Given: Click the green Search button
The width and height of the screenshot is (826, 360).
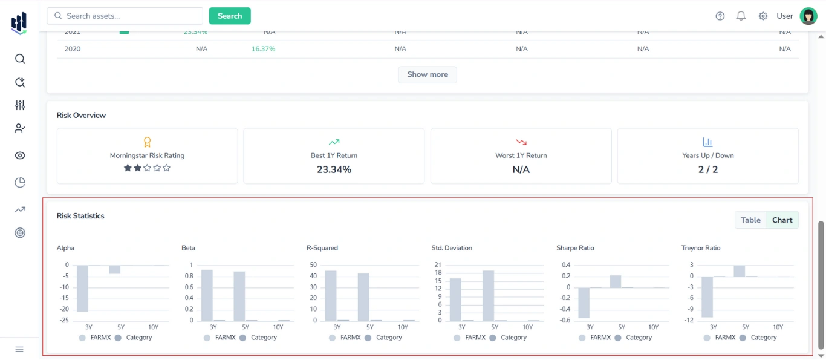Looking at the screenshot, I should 230,16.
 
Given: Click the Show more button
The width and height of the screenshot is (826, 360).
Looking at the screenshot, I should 428,74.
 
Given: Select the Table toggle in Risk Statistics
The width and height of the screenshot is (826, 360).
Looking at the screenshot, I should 750,220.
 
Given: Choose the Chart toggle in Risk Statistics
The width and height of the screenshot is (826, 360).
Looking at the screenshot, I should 782,220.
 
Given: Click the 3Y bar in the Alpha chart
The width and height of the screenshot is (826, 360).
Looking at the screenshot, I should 83,288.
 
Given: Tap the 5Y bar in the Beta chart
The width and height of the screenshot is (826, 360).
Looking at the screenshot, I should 239,296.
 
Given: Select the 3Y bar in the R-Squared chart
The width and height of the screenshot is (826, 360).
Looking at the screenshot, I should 331,295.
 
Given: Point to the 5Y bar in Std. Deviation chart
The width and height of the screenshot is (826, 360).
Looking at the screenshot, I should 489,295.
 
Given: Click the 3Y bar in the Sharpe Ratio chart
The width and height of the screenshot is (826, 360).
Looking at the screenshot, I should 584,303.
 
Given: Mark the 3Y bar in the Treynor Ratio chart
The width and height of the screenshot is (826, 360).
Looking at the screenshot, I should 707,296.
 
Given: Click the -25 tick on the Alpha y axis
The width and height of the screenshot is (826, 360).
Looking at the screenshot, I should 64,321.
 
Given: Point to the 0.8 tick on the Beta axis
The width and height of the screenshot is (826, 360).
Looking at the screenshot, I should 189,276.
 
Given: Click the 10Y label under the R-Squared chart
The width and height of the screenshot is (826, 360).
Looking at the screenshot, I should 403,327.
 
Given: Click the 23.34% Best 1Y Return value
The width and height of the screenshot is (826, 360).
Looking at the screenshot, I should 334,170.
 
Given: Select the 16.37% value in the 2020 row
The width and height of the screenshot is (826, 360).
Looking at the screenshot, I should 263,49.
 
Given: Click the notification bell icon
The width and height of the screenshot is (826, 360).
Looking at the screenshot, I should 741,16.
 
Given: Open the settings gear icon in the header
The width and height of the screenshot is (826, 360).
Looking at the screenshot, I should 763,16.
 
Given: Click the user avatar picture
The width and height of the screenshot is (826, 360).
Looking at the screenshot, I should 808,16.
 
